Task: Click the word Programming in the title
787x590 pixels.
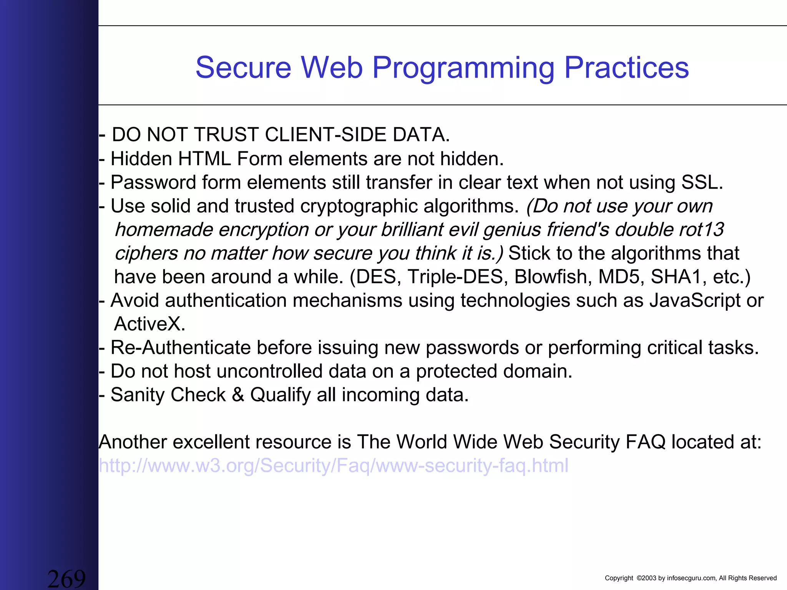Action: click(463, 68)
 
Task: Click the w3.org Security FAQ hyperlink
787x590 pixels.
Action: click(333, 466)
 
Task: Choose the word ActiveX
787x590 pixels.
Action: click(149, 324)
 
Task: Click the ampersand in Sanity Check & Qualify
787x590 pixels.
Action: click(238, 395)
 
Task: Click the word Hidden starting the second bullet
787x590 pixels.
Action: click(141, 159)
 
